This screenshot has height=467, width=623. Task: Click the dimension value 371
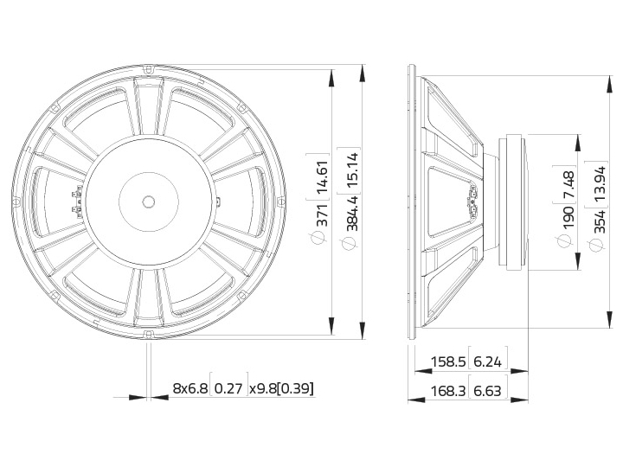coord(322,214)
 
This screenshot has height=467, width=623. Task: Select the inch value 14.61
coord(322,176)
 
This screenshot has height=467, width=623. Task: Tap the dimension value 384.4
coord(352,214)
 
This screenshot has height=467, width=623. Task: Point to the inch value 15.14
coord(352,170)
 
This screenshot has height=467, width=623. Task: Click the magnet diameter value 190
coord(568,217)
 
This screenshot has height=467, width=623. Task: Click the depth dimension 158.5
coord(448,361)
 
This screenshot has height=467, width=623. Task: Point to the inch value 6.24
coord(488,361)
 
